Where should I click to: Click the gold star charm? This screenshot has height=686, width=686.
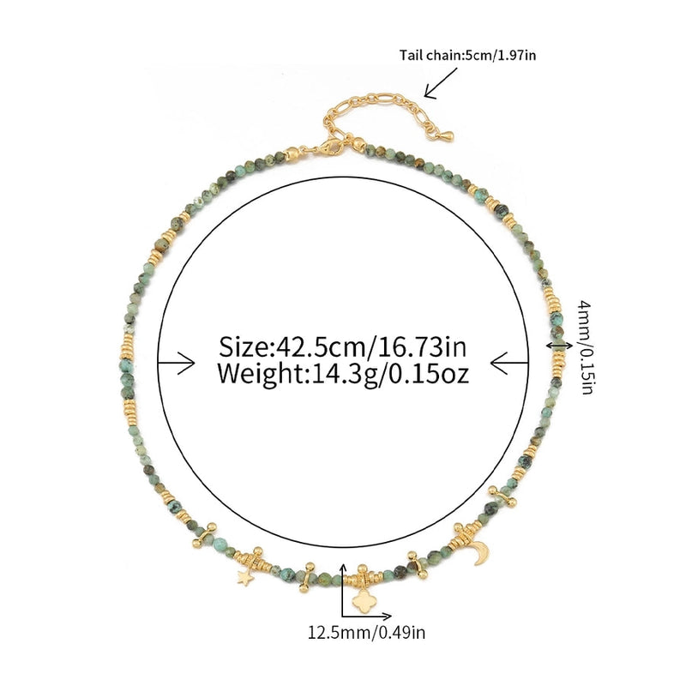[245, 578]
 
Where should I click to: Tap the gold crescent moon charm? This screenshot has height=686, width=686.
[482, 553]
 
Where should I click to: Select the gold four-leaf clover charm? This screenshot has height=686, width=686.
[362, 601]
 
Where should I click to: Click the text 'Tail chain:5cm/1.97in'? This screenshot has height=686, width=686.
[467, 55]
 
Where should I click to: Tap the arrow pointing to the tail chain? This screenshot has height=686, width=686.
[441, 83]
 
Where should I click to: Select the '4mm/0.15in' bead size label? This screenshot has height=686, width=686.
[587, 347]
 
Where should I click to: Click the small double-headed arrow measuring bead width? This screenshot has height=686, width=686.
[559, 346]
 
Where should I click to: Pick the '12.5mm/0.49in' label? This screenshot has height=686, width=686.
[367, 632]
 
